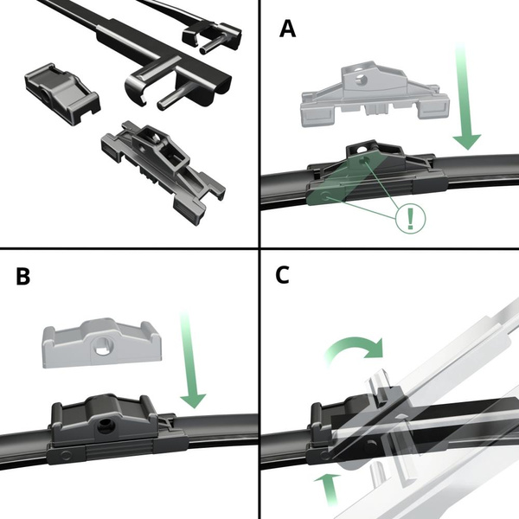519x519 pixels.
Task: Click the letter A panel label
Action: pos(288,29)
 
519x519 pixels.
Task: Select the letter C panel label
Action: pos(282,276)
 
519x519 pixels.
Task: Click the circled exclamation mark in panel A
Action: pos(410,217)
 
